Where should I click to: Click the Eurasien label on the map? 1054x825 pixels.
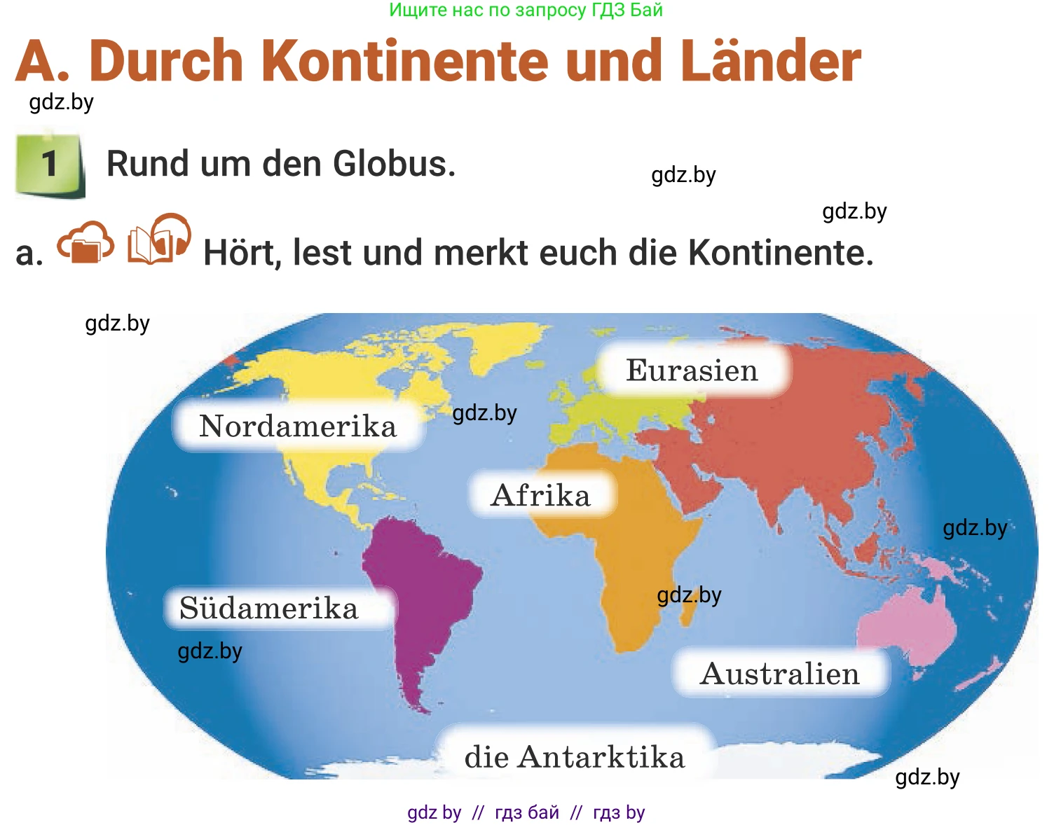(692, 370)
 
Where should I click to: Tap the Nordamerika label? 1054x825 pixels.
(298, 426)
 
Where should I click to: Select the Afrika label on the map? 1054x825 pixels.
(541, 495)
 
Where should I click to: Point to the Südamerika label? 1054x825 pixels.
(269, 608)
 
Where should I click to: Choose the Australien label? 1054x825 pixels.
(779, 674)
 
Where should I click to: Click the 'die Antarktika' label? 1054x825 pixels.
(575, 757)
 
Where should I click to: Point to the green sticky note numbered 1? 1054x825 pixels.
(49, 164)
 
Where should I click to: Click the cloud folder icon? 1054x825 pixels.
(85, 242)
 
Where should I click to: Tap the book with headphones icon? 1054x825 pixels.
(160, 240)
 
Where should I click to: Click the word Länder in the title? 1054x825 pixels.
(771, 62)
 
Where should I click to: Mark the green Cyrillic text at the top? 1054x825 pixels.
(526, 10)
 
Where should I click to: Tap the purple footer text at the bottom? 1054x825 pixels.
(526, 812)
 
